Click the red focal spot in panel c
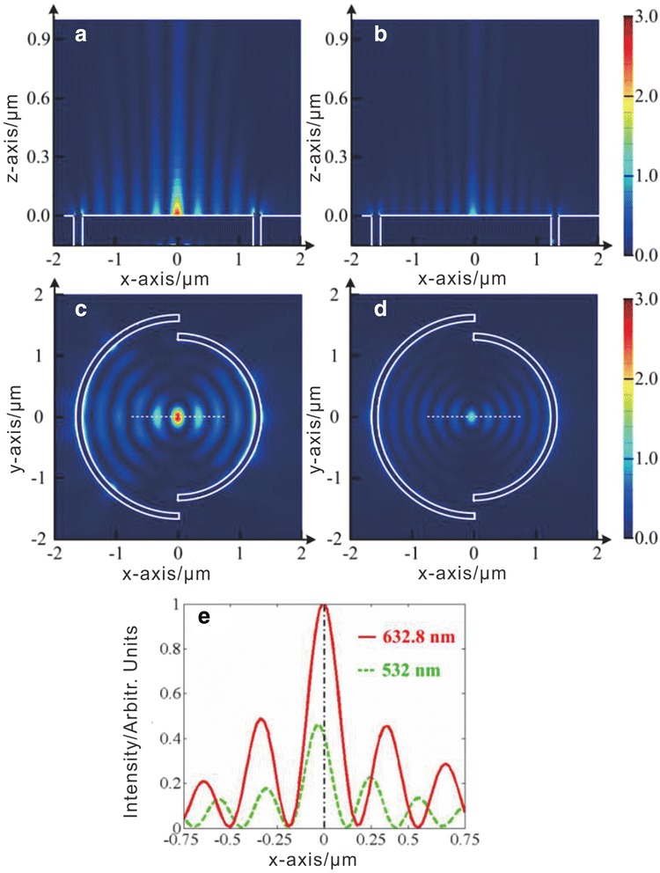[x=178, y=416]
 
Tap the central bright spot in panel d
[x=473, y=416]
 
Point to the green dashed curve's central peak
[x=319, y=724]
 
